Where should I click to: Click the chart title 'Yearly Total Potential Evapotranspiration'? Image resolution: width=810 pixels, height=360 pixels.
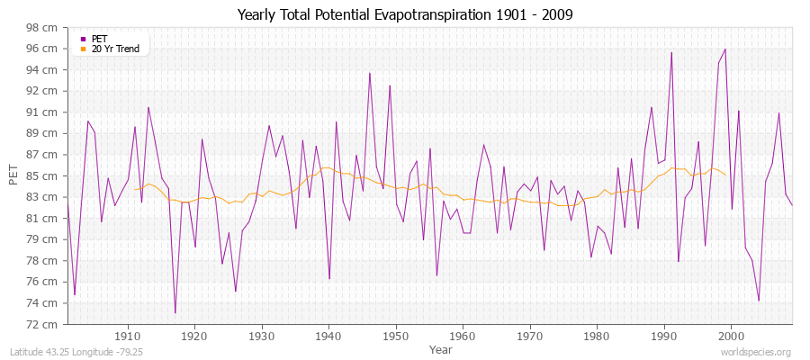click(x=404, y=15)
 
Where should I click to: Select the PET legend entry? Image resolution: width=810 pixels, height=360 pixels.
click(x=99, y=39)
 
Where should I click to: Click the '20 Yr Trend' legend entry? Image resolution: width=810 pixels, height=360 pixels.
click(x=115, y=49)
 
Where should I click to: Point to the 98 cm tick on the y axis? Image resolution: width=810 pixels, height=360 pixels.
click(x=44, y=28)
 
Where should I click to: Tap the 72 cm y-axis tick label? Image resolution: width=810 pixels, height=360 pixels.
click(x=44, y=324)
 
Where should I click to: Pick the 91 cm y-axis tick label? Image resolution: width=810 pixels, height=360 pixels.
click(x=44, y=112)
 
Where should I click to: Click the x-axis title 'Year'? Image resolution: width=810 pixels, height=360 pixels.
click(x=441, y=348)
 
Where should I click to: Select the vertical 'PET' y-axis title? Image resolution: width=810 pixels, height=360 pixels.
click(x=13, y=175)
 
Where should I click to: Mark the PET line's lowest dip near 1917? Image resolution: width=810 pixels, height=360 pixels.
click(x=175, y=313)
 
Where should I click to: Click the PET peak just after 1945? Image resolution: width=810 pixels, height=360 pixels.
click(x=369, y=73)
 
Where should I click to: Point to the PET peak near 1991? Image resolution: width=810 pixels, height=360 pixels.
click(x=670, y=52)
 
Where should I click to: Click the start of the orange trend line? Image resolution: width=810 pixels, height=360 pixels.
click(x=134, y=189)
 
